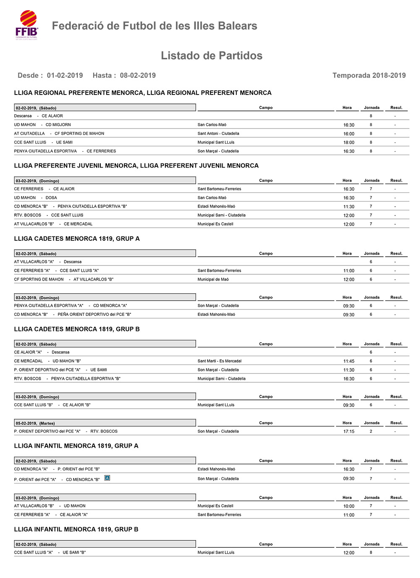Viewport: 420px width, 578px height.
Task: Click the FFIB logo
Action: click(27, 25)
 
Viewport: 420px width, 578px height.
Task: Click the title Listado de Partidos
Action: click(211, 56)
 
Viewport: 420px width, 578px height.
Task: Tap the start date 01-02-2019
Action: click(65, 76)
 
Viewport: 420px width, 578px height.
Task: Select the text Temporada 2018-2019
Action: click(369, 76)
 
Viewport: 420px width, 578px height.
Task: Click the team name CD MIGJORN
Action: click(58, 125)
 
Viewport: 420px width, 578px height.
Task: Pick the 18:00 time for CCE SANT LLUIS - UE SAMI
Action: click(349, 142)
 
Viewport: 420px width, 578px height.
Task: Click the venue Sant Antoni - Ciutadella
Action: click(218, 134)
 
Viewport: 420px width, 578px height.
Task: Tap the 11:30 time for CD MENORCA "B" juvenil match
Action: click(349, 207)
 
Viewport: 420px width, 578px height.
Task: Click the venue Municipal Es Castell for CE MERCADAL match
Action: click(215, 224)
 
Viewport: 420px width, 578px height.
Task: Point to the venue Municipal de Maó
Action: click(213, 279)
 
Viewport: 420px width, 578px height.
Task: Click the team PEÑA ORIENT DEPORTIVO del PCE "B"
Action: click(94, 314)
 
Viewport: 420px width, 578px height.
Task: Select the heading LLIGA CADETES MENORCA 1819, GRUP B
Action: click(77, 329)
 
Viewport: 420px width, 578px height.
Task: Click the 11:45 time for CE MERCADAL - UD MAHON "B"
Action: click(349, 361)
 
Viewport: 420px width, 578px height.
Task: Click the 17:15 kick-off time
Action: click(349, 431)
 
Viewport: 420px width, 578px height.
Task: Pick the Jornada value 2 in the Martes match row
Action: click(371, 431)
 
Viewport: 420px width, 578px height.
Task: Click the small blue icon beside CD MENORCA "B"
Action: click(107, 478)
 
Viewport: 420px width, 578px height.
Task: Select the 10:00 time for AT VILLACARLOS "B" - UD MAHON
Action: click(349, 506)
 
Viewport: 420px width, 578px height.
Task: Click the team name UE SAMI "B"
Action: click(74, 552)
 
